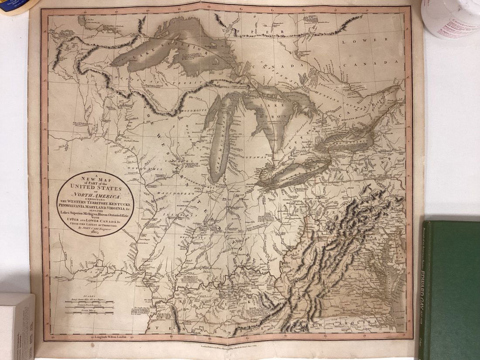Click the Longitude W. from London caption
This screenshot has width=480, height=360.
(x=108, y=337)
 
